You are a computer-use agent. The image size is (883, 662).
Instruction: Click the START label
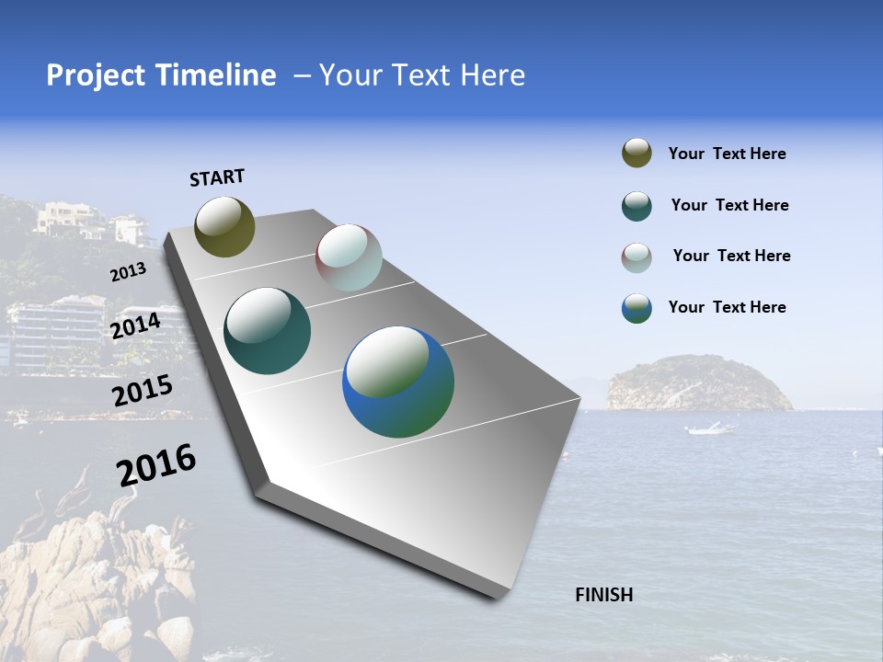coord(217,177)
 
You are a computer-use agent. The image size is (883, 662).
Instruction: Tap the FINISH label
coord(604,595)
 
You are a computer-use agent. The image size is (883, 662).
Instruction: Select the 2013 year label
coord(128,272)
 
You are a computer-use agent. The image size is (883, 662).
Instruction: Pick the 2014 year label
coord(135,326)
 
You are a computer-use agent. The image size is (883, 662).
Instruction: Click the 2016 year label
coord(156,464)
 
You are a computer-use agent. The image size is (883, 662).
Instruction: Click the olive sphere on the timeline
coord(224,226)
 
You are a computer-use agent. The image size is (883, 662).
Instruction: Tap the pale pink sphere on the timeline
coord(349,257)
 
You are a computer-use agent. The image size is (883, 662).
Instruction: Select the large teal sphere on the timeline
coord(268,331)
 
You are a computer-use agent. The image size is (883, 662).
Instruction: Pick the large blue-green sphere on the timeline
coord(398,382)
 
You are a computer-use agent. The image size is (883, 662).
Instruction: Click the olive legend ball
coord(636,154)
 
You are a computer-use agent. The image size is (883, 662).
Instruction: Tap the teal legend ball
coord(636,206)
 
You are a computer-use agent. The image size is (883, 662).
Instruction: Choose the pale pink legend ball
coord(636,257)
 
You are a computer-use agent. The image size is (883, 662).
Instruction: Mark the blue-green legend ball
coord(636,308)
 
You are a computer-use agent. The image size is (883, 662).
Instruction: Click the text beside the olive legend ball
coord(727,154)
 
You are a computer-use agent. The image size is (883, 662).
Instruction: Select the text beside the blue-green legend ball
coord(727,307)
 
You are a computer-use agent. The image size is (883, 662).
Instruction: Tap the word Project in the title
coord(95,75)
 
